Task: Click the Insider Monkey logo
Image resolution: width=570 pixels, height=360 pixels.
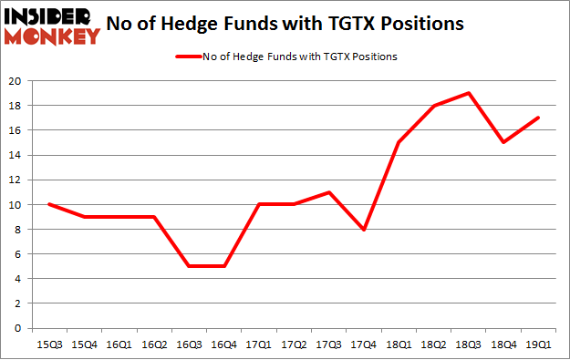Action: (x=52, y=25)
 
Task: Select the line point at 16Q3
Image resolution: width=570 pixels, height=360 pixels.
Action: (x=188, y=266)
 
